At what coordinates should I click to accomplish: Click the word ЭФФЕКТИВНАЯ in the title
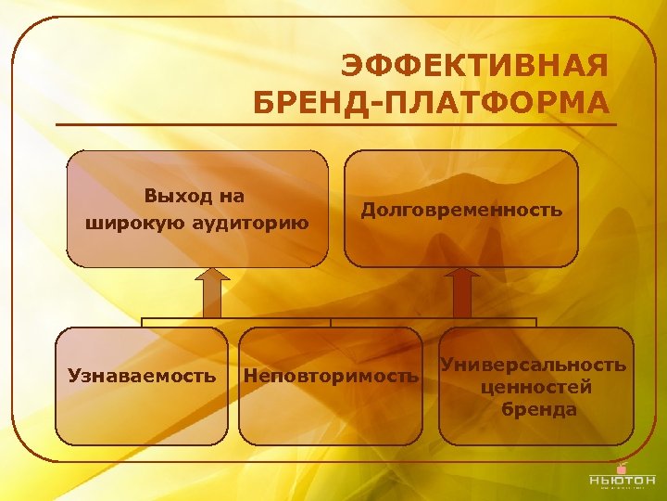point(475,68)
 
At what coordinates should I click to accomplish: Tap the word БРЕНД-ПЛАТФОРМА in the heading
point(432,102)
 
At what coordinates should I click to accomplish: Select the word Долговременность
point(461,210)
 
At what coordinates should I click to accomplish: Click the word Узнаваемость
point(142,376)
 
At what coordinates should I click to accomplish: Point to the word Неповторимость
point(331,376)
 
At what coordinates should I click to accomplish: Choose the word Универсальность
point(534,365)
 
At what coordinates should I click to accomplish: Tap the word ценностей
point(536,387)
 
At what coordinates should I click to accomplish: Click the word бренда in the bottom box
point(538,409)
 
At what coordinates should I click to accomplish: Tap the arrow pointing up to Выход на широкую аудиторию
point(213,293)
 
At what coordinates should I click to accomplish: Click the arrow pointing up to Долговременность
point(461,293)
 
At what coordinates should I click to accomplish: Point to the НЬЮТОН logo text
point(622,480)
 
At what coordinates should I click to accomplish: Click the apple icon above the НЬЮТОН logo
point(622,463)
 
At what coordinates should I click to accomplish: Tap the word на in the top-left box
point(233,196)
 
